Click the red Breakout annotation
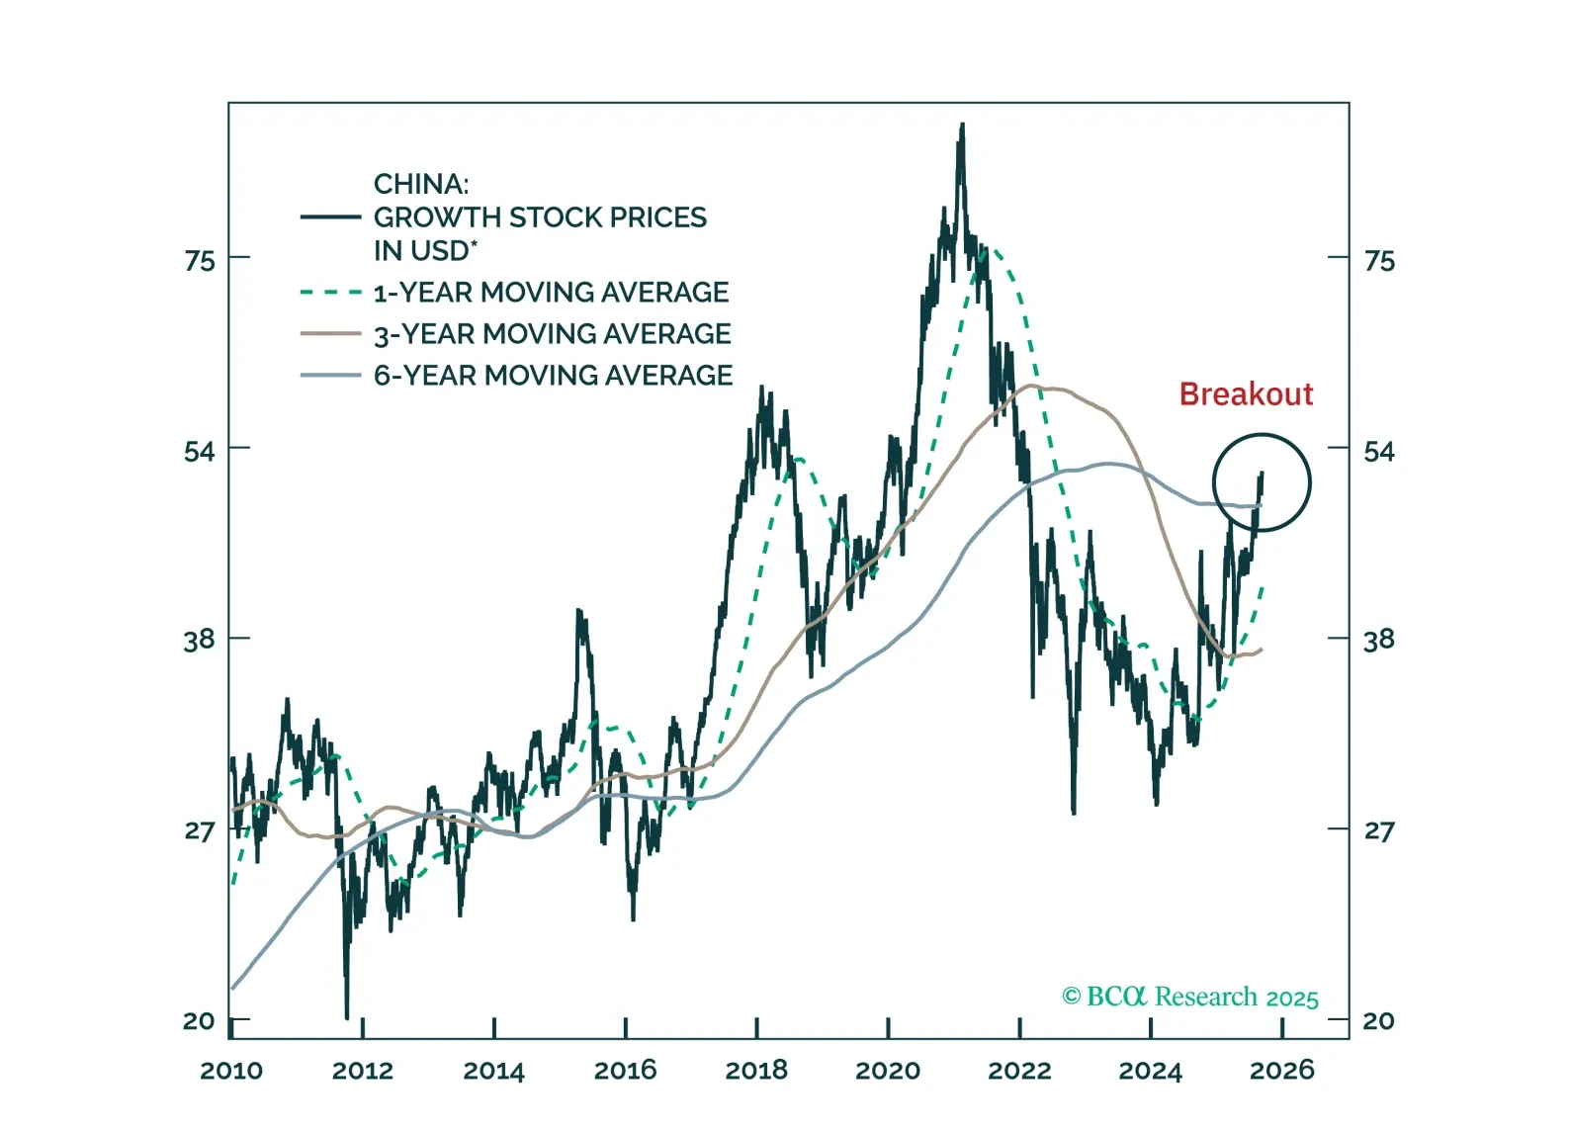click(x=1246, y=393)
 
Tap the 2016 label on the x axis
click(x=625, y=1070)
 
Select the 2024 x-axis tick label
click(x=1150, y=1070)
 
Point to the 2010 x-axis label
click(x=231, y=1070)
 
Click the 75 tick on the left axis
click(x=199, y=260)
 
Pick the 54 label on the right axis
click(x=1378, y=452)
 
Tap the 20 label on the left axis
click(x=199, y=1020)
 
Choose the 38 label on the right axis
click(x=1378, y=640)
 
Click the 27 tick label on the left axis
click(x=199, y=830)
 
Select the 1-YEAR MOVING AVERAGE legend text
click(x=551, y=293)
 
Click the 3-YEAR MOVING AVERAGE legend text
click(x=552, y=334)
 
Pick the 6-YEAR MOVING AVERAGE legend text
click(x=553, y=376)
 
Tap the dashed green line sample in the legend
click(x=330, y=293)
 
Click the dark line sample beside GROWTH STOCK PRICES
click(x=330, y=217)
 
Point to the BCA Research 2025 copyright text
click(x=1190, y=997)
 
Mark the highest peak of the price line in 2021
click(x=961, y=127)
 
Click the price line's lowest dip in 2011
click(x=347, y=1015)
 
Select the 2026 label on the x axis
click(x=1282, y=1070)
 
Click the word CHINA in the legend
click(x=420, y=184)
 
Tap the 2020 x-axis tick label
click(x=888, y=1070)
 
